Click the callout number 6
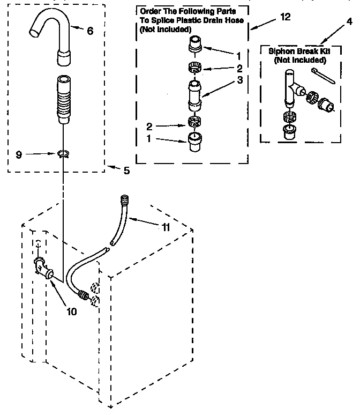tap(89, 31)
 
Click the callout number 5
tap(126, 171)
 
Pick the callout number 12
tap(286, 17)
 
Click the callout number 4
tap(349, 21)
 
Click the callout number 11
tap(166, 227)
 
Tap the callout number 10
tap(71, 311)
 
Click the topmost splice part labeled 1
tap(194, 45)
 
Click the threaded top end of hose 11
tap(126, 201)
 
